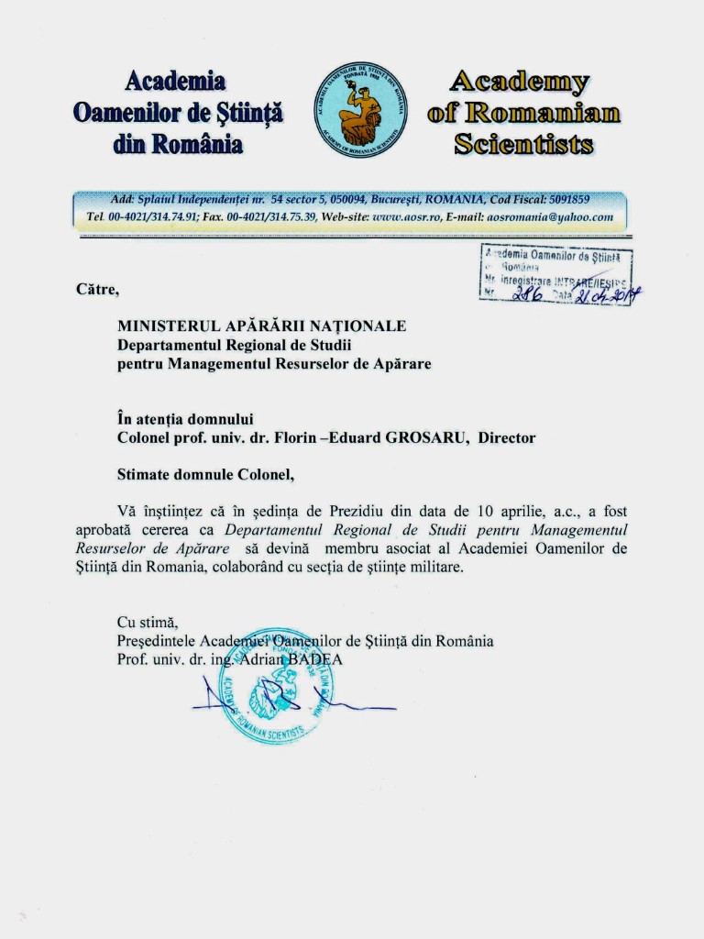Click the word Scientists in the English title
click(523, 144)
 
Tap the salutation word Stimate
click(146, 475)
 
